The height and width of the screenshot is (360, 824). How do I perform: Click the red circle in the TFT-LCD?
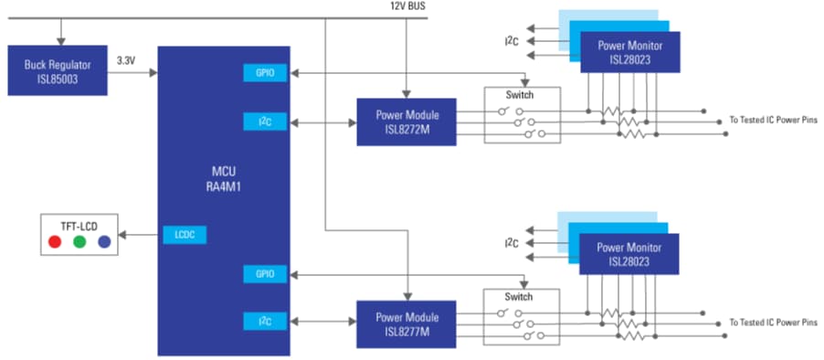[55, 242]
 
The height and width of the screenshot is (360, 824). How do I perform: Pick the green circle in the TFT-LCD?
[79, 242]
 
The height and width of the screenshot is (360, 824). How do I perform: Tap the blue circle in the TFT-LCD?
[104, 242]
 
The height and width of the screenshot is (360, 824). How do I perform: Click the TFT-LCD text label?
[79, 223]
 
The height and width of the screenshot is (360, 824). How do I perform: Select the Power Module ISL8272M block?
[407, 122]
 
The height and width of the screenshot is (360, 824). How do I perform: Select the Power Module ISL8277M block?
[407, 323]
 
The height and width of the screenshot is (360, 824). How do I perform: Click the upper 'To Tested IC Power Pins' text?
[775, 121]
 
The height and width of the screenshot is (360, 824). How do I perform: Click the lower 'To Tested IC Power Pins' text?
[775, 323]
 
